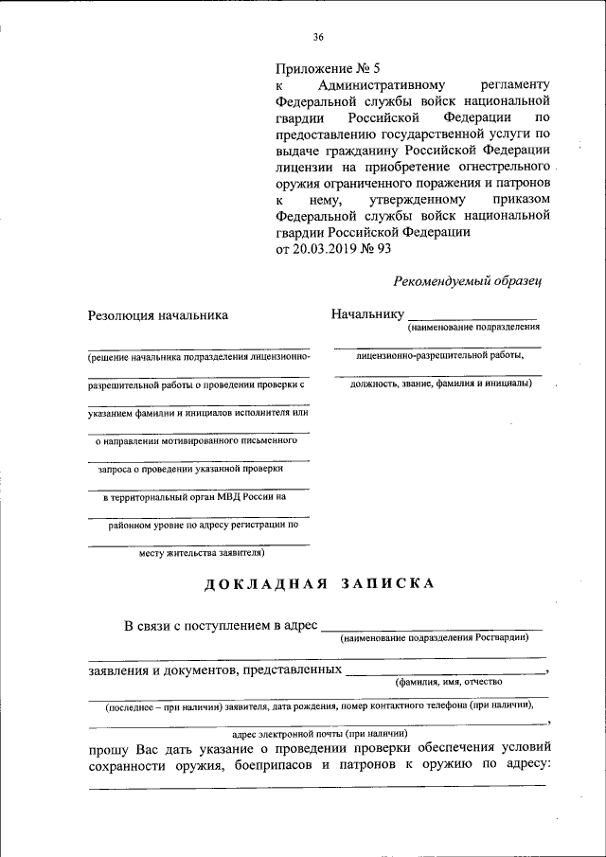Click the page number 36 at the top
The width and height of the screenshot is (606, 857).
coord(318,38)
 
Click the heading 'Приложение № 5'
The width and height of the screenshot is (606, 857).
coord(327,68)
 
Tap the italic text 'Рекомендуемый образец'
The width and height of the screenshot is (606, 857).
coord(468,279)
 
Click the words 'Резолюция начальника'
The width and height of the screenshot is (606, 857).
coord(158,315)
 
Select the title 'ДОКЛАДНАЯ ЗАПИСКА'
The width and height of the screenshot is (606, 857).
coord(320,583)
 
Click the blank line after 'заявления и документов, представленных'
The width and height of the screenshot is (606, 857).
coord(446,671)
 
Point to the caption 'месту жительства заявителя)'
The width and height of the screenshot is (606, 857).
coord(201,551)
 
